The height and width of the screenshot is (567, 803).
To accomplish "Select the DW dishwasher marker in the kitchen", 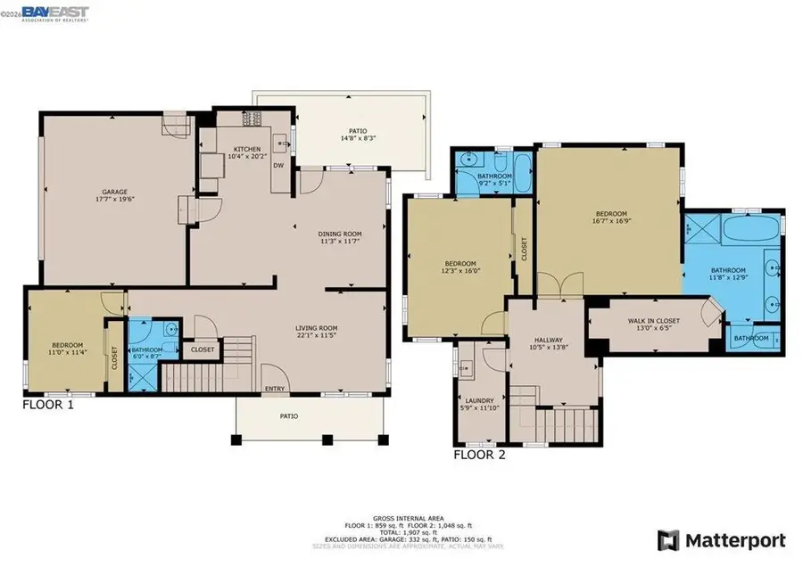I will [x=278, y=165].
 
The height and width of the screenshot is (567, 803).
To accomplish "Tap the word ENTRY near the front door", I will [x=275, y=389].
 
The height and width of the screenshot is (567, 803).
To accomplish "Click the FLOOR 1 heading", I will [x=47, y=405].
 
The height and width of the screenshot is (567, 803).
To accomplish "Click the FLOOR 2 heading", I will [x=479, y=454].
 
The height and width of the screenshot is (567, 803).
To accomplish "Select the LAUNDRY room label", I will [x=474, y=400].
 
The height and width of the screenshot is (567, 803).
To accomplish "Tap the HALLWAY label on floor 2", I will [x=547, y=340].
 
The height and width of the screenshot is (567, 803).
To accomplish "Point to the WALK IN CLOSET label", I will [x=654, y=320].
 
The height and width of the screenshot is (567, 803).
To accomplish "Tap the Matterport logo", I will [x=722, y=540].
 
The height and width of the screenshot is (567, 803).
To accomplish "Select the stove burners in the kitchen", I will [x=252, y=118].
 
